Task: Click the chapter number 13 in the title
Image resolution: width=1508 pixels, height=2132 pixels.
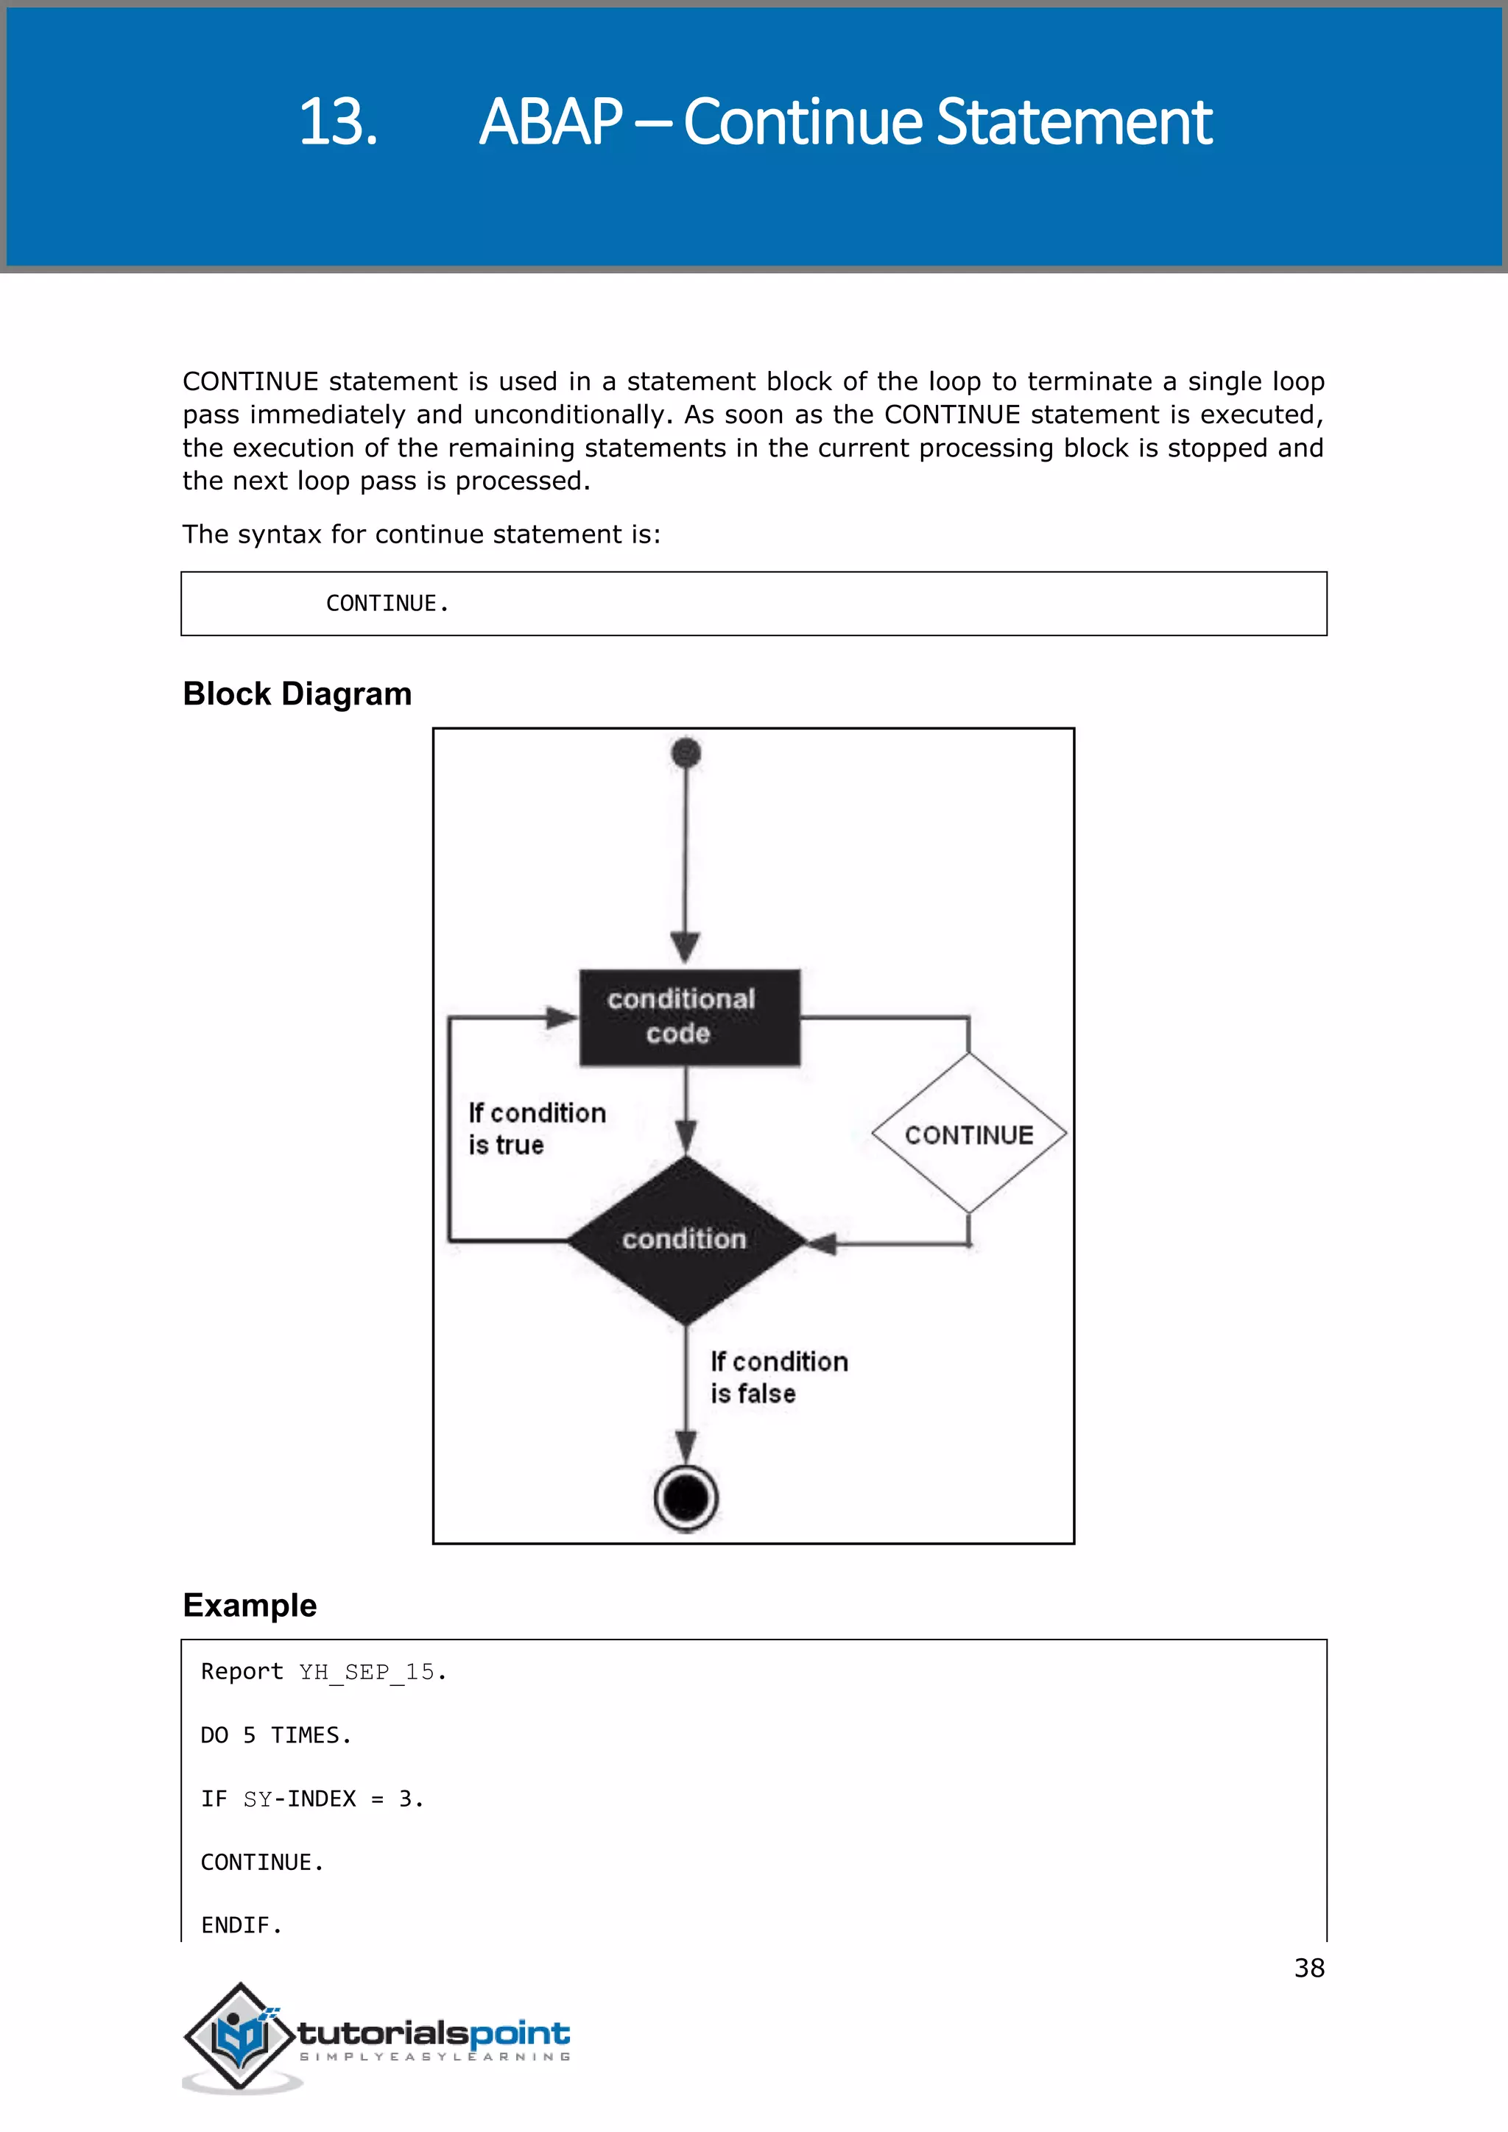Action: pyautogui.click(x=337, y=122)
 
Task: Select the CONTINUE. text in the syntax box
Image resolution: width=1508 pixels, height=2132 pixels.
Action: pyautogui.click(x=387, y=604)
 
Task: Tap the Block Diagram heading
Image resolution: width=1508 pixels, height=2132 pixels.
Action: pyautogui.click(x=297, y=693)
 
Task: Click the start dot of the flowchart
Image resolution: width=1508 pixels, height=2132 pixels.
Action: pyautogui.click(x=686, y=752)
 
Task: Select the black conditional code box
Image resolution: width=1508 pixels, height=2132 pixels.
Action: pyautogui.click(x=689, y=1017)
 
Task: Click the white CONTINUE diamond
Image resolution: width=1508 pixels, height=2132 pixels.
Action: pyautogui.click(x=968, y=1134)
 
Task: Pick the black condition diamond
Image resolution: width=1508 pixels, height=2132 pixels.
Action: pyautogui.click(x=686, y=1239)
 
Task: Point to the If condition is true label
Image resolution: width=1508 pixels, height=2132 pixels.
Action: pyautogui.click(x=536, y=1129)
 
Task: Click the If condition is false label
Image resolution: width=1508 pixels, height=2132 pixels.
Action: pyautogui.click(x=778, y=1377)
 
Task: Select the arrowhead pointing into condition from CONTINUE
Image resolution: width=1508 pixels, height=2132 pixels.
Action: pyautogui.click(x=821, y=1243)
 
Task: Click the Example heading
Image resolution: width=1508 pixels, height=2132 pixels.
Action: pyautogui.click(x=250, y=1606)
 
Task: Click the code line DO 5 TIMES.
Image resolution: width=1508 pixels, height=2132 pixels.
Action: pyautogui.click(x=276, y=1735)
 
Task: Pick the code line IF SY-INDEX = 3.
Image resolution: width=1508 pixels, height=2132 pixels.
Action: pyautogui.click(x=312, y=1799)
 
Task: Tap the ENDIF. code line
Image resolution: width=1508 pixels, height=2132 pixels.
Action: pyautogui.click(x=242, y=1926)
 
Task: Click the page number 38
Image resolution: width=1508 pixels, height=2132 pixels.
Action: pyautogui.click(x=1308, y=1968)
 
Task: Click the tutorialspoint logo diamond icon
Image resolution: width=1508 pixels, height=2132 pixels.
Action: pyautogui.click(x=241, y=2036)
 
